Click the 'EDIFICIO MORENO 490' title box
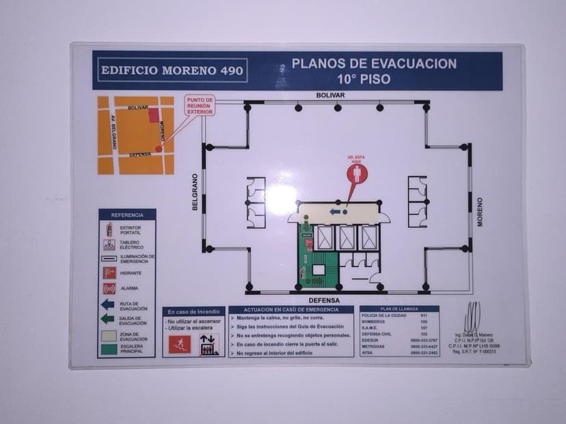coord(171,70)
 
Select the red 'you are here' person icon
coord(357,173)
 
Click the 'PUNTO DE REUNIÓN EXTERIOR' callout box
coord(200,107)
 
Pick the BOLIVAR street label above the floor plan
coord(330,95)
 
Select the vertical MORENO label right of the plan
coord(480,211)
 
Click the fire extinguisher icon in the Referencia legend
coord(109,229)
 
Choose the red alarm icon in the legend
coord(109,289)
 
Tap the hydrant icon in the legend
coord(109,273)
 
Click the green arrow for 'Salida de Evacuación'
coord(108,319)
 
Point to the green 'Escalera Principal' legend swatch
coord(108,349)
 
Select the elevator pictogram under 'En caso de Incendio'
coord(208,345)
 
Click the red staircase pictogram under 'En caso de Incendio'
coord(180,345)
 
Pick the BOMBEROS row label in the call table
coord(373,322)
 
